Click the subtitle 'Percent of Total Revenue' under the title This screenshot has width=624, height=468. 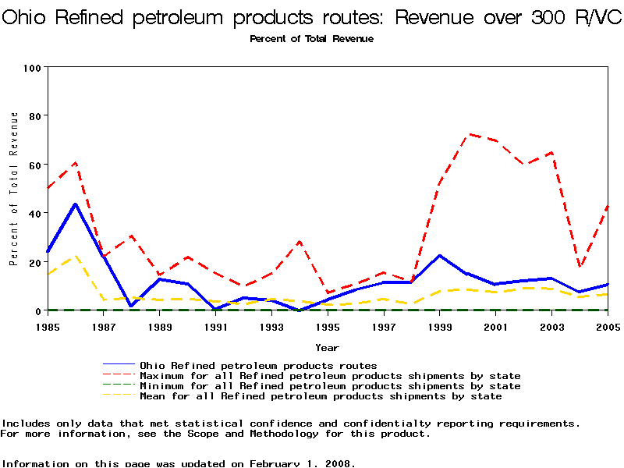(311, 39)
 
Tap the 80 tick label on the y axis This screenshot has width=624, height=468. (34, 115)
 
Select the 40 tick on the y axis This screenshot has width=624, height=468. (34, 213)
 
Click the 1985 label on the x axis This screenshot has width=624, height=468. (48, 327)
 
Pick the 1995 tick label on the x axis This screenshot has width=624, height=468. (328, 327)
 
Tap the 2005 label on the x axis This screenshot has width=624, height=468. (608, 327)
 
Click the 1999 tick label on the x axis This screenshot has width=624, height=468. (440, 327)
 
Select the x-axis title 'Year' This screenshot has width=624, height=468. (327, 347)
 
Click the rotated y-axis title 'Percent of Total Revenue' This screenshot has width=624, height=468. (14, 189)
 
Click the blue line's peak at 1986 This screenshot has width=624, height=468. (76, 204)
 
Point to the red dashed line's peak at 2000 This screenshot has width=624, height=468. (468, 134)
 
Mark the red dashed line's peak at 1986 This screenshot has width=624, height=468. (76, 162)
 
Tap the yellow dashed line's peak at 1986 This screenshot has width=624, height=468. (76, 255)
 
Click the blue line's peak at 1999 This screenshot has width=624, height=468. (440, 255)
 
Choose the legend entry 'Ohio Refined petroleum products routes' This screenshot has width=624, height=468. (257, 365)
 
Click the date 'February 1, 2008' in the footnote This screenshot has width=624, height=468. (301, 463)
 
